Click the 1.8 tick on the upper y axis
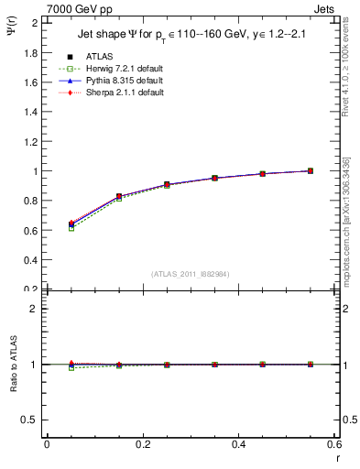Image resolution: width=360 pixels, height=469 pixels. pos(31,53)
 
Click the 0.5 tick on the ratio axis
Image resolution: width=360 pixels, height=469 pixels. pos(31,420)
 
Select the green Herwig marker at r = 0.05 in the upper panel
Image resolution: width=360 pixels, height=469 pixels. pos(71,228)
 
